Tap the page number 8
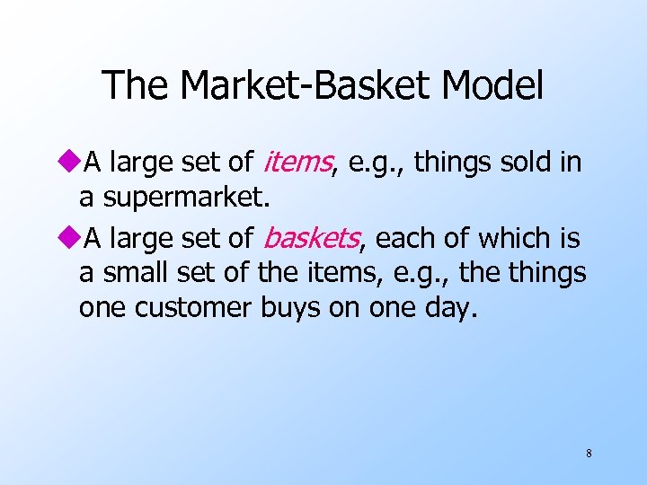point(589,454)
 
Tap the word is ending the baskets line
point(567,239)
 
